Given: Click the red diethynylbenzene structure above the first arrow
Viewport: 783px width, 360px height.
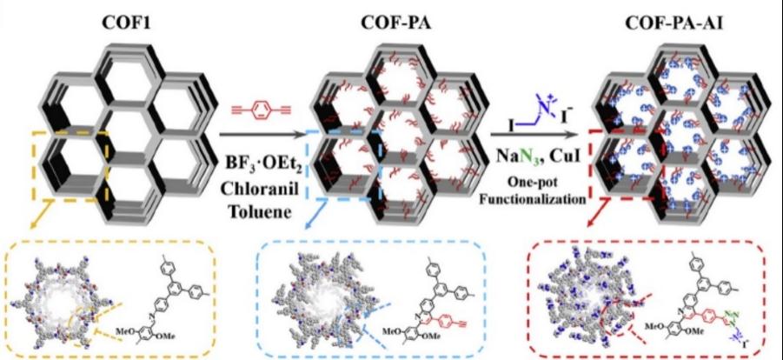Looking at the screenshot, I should [259, 110].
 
